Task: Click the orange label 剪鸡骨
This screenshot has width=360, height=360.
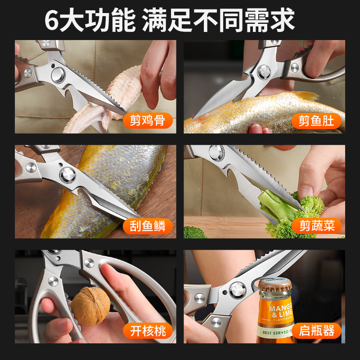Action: (147, 121)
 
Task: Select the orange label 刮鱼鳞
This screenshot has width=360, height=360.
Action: (147, 226)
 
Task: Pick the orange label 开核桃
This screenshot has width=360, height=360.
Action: (147, 332)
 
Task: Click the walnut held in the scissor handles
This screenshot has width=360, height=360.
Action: (90, 306)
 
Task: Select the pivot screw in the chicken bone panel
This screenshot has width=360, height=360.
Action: (58, 74)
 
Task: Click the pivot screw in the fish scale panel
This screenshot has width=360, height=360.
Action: (68, 174)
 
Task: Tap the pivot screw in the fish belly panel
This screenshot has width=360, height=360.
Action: (263, 72)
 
